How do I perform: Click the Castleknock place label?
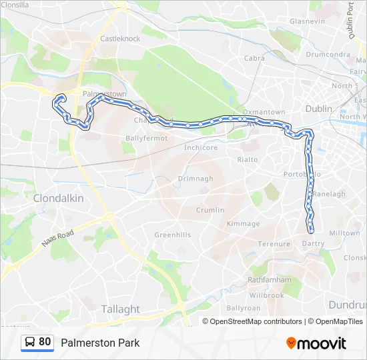coord(120,39)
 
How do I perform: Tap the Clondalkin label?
coord(59,198)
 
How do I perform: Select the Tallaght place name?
coord(120,309)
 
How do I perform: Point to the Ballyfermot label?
coord(142,138)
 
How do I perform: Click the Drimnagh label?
coord(196,179)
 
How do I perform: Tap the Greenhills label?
coord(173,235)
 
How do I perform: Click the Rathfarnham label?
coord(266,279)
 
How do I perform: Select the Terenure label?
coord(275,245)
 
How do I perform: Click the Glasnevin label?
coord(307,21)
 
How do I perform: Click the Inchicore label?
coord(201,147)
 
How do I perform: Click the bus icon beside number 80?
coord(29,343)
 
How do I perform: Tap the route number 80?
coord(45,342)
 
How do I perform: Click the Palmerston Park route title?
coord(100,343)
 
